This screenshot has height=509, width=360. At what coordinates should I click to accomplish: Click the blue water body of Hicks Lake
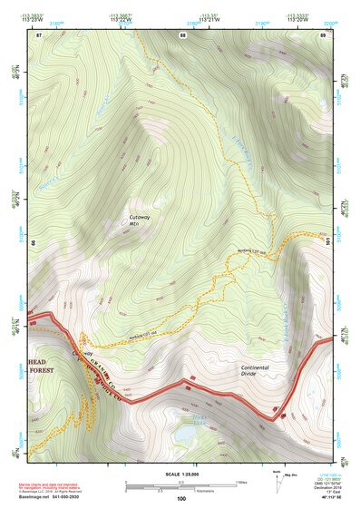click(x=185, y=435)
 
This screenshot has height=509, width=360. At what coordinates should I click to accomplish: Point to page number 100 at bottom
click(x=181, y=498)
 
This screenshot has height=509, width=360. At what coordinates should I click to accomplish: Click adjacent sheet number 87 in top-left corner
click(x=39, y=35)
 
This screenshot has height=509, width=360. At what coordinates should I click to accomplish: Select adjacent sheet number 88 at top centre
click(x=182, y=35)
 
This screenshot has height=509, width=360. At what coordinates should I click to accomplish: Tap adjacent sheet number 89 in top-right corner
click(x=324, y=35)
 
